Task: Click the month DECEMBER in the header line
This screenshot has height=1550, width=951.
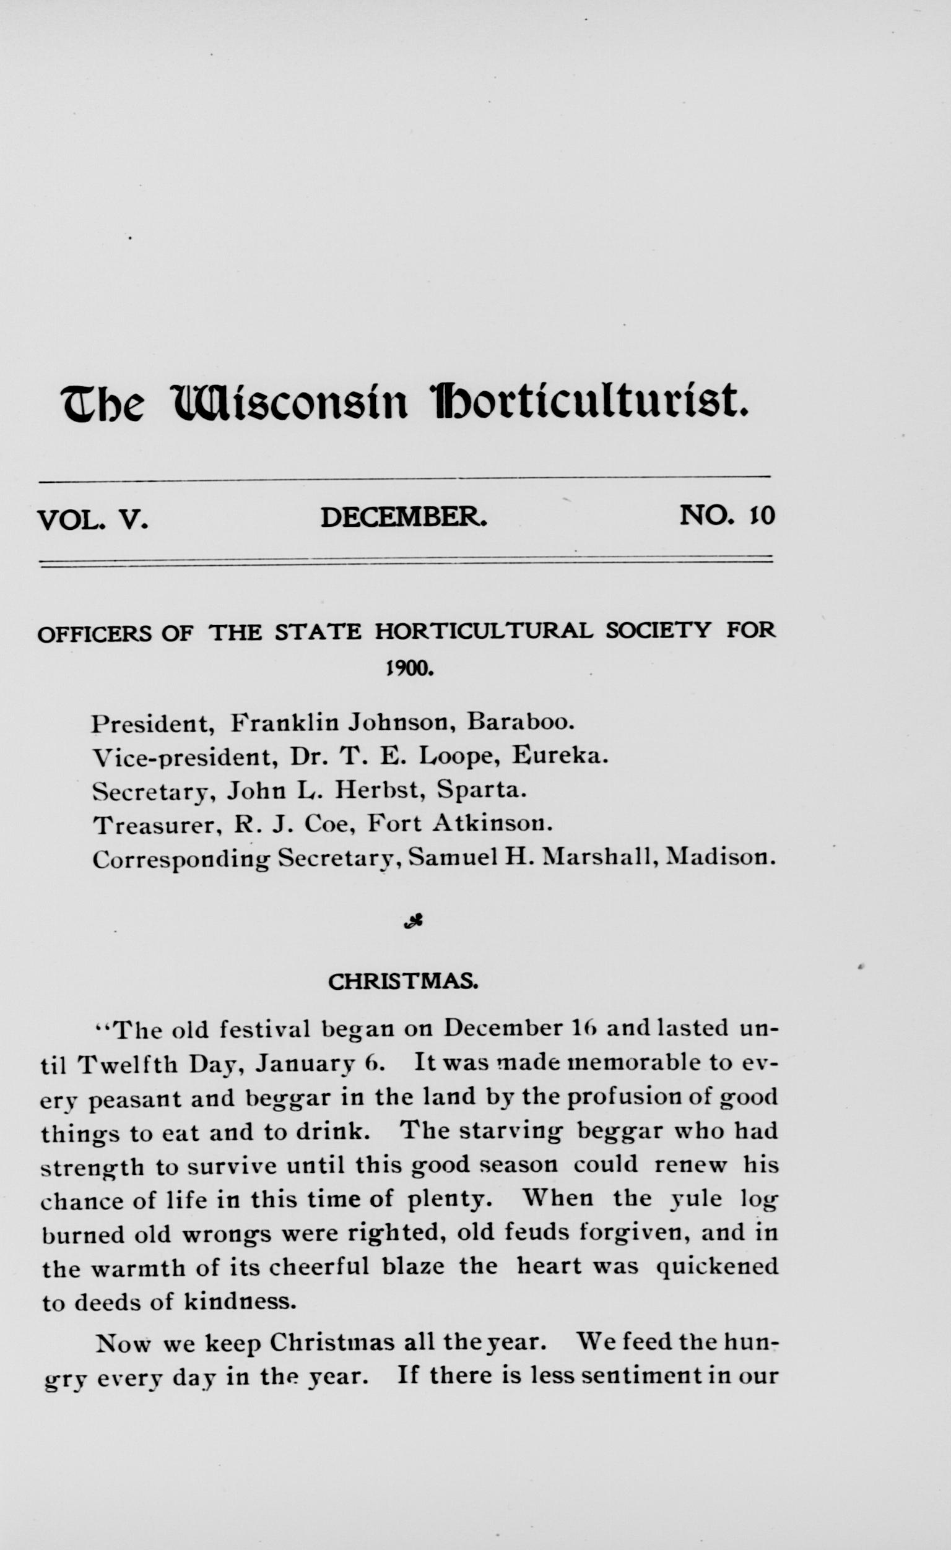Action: pyautogui.click(x=404, y=517)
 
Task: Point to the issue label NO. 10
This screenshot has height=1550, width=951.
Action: pyautogui.click(x=727, y=515)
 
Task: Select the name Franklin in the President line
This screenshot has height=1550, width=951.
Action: pyautogui.click(x=279, y=723)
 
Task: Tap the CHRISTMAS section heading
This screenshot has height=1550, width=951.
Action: pyautogui.click(x=404, y=982)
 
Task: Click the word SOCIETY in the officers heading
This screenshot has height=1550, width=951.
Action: pyautogui.click(x=658, y=630)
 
